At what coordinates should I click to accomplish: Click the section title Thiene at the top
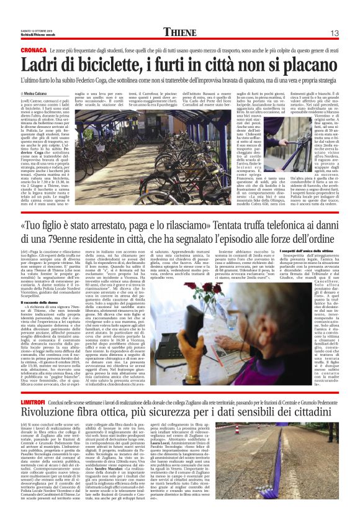(x=184, y=32)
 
